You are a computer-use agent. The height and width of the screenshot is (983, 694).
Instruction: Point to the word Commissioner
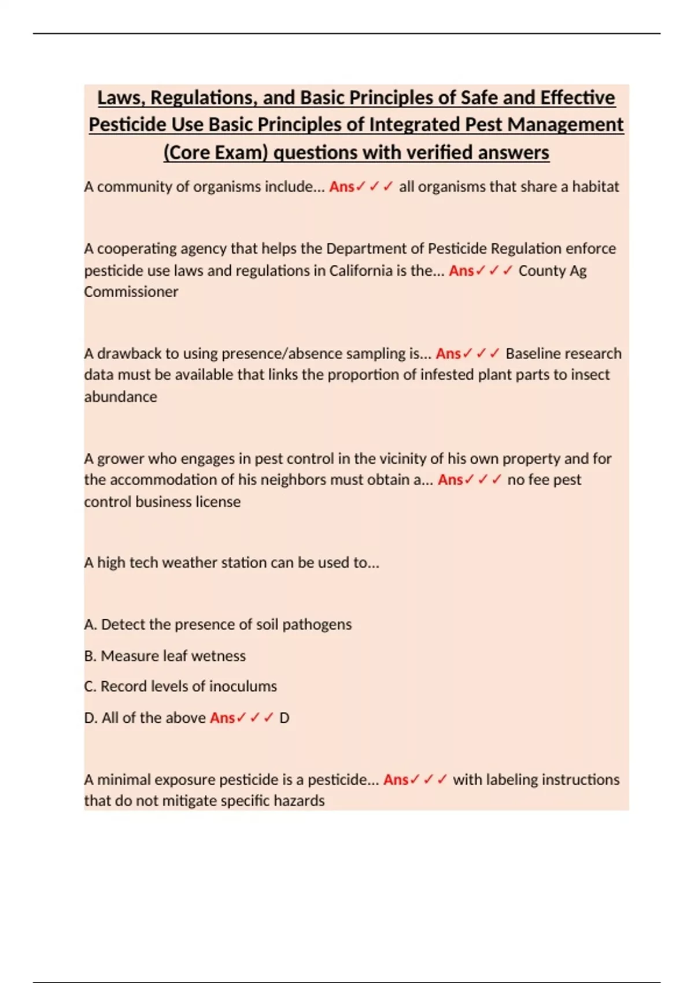click(x=131, y=292)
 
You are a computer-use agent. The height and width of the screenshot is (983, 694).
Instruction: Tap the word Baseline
click(x=531, y=353)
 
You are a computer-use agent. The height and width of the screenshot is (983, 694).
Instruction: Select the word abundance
click(x=121, y=397)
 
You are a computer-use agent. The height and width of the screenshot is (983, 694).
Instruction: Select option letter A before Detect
click(x=90, y=624)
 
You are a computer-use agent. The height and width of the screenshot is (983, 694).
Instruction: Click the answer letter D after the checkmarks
click(x=284, y=718)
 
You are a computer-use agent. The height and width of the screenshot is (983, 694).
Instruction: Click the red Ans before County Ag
click(x=461, y=271)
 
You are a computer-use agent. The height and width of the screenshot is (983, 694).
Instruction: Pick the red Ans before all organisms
click(x=341, y=187)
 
